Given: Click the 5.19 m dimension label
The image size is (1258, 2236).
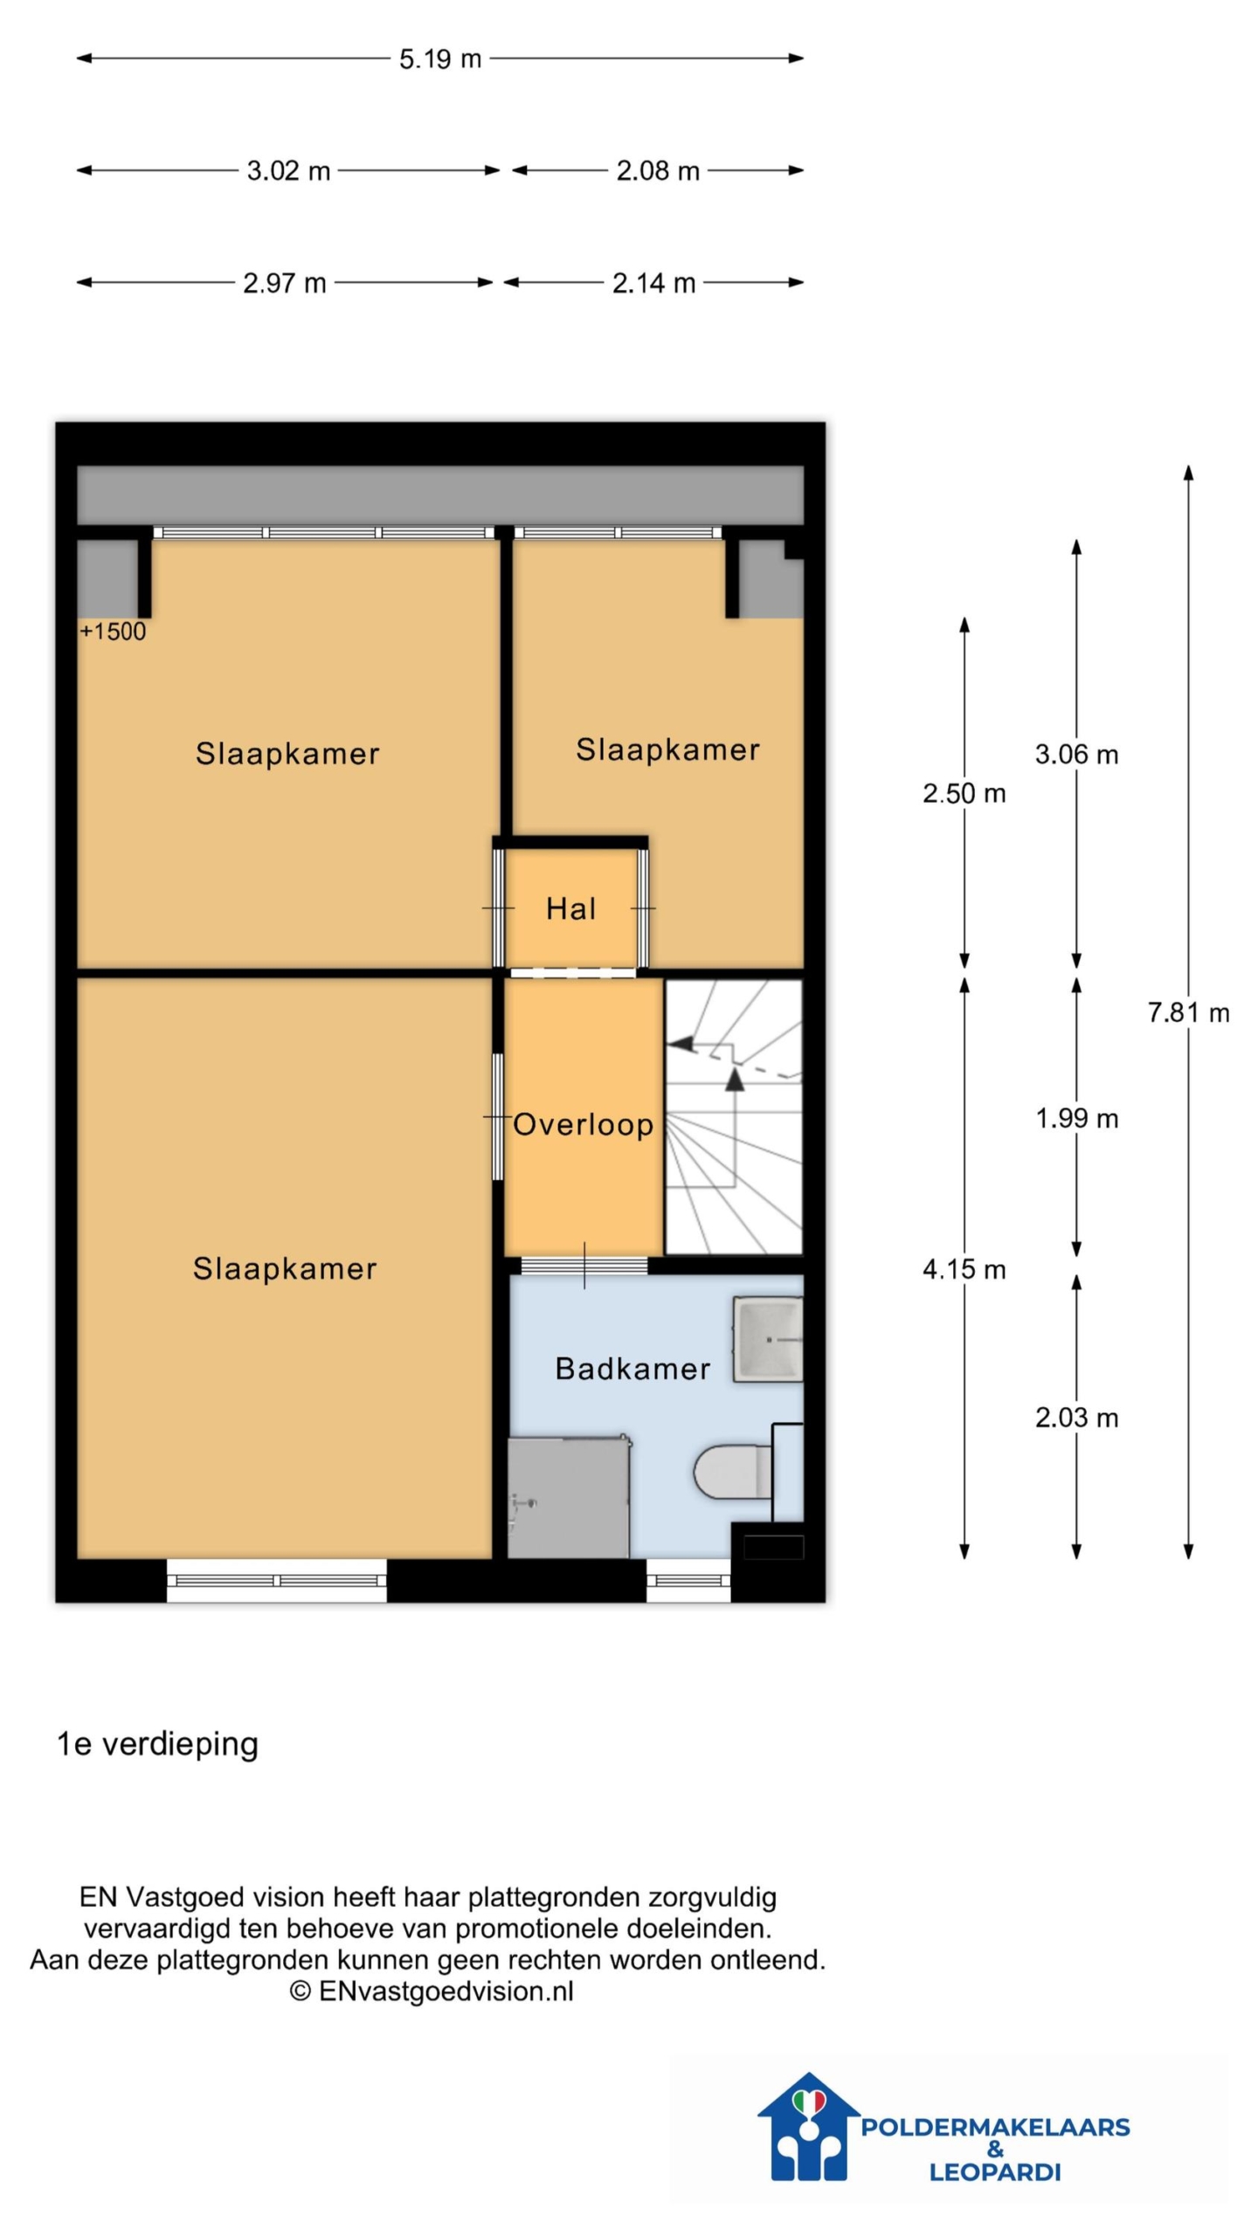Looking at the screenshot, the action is [x=440, y=59].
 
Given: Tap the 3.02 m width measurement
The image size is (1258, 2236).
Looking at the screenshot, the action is [x=288, y=170].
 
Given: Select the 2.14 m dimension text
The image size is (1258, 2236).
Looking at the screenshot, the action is [x=653, y=283].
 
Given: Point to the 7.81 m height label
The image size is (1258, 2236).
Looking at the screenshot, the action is [x=1188, y=1012].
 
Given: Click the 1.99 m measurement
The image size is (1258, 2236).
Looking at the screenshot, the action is [x=1076, y=1118].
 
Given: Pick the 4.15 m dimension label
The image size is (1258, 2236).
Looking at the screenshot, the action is [x=964, y=1269].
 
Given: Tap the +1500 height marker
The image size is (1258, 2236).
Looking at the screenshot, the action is [x=113, y=631].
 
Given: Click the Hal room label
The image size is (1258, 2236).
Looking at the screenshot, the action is [x=571, y=908].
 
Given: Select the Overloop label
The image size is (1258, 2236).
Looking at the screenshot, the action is [x=583, y=1124].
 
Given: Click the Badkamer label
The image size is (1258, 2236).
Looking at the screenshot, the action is [x=632, y=1369].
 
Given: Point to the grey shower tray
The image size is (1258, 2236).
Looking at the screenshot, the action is [x=568, y=1498].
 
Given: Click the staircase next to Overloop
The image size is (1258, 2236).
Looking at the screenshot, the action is [x=734, y=1117].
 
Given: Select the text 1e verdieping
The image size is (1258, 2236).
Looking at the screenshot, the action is [x=157, y=1744].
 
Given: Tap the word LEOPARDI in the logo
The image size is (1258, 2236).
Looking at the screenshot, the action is [x=994, y=2172].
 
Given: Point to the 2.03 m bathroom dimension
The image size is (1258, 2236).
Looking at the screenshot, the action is [x=1076, y=1418].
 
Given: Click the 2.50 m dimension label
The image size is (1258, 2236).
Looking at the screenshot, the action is [x=964, y=793].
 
